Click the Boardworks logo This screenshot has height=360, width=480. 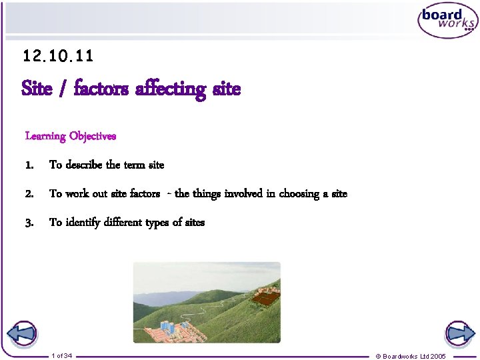pos(447,22)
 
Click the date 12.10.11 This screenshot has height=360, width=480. pos(58,57)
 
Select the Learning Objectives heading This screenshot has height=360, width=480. pos(71,136)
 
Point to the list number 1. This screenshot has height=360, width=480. pos(29,165)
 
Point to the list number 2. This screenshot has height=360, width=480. pos(29,194)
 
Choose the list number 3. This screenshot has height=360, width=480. pos(29,223)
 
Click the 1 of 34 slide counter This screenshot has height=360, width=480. pos(61,355)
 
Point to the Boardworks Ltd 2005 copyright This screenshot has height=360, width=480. pos(411,356)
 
